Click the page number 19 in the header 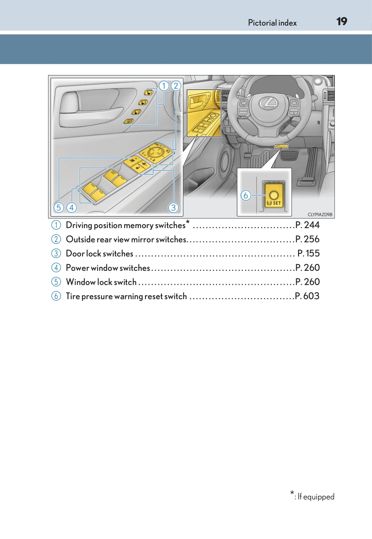point(341,22)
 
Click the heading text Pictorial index point(272,23)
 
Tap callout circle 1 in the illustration point(164,86)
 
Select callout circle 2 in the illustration point(176,86)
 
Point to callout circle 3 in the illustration point(173,207)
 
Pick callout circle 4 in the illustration point(71,207)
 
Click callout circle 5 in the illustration point(59,207)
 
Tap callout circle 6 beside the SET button point(246,196)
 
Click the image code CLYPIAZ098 point(320,214)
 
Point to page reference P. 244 point(307,225)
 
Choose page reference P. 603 point(307,296)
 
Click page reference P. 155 point(308,253)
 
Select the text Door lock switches point(99,254)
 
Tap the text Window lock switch point(101,282)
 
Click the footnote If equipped point(316,497)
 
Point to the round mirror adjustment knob point(154,152)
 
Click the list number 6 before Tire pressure point(56,296)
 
